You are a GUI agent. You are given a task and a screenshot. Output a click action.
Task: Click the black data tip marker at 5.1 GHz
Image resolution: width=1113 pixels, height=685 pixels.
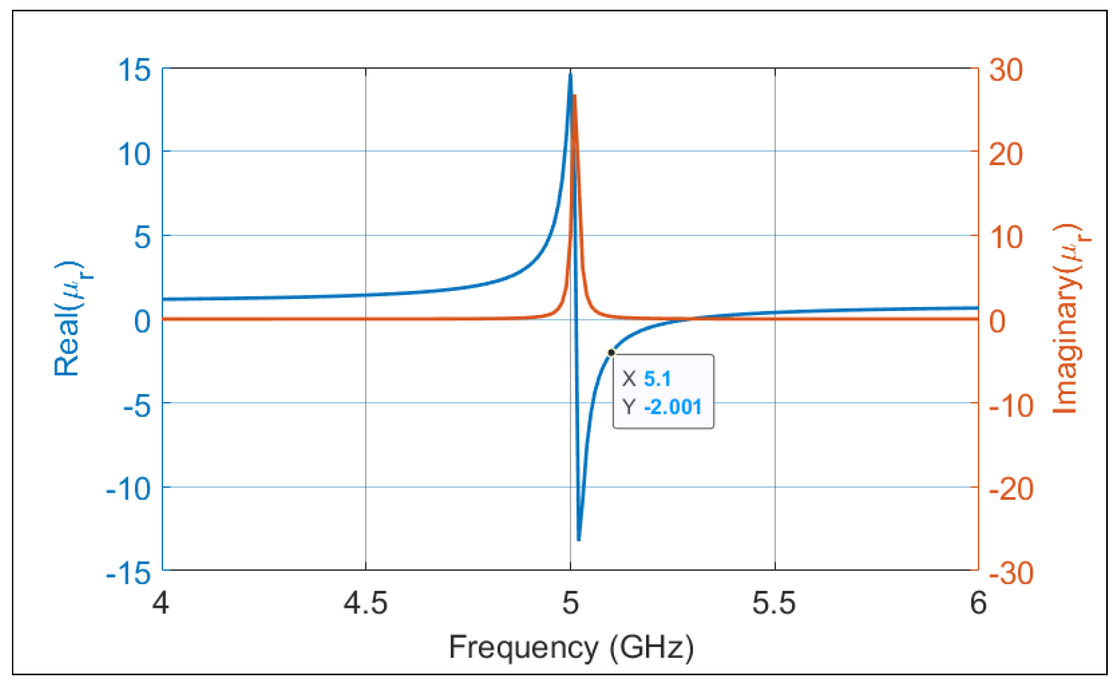[x=611, y=352]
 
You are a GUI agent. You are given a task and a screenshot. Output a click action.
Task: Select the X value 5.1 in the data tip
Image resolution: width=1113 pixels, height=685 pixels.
[x=657, y=379]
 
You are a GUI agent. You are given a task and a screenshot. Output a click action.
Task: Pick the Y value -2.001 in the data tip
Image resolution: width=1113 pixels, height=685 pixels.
[x=672, y=407]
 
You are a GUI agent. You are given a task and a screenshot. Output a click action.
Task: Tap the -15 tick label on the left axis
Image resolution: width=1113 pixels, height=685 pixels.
[x=128, y=574]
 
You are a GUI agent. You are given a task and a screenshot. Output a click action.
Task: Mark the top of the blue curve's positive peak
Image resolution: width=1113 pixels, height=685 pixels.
[x=570, y=74]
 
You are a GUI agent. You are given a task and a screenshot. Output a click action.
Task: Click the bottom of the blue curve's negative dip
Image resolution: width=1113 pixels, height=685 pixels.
[x=578, y=539]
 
